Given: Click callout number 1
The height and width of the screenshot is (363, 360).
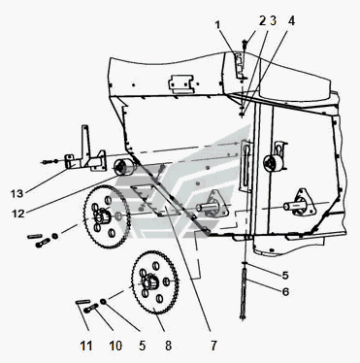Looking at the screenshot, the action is tap(217, 24).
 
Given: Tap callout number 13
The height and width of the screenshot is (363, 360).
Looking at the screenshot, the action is tap(16, 194).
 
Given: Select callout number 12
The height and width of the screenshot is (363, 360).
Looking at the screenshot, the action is tap(18, 214).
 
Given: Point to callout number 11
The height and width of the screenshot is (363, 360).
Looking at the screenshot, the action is tap(86, 346).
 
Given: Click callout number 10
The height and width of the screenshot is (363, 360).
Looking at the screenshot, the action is tap(115, 346).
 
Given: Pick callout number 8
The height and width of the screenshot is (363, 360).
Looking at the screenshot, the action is tap(168, 346).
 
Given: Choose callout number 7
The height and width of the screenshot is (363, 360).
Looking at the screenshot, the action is tap(213, 346).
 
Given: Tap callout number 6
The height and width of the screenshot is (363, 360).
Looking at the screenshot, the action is tap(285, 292).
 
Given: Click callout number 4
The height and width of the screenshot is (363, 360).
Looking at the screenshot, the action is tap(291, 21).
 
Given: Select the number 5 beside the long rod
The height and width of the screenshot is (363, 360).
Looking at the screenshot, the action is tap(285, 276).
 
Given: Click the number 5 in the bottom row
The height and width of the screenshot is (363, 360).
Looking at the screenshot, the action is tap(143, 346).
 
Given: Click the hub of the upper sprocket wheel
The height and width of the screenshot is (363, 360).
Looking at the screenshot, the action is tap(103, 215).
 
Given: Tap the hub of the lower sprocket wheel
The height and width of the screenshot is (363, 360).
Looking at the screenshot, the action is tap(148, 282).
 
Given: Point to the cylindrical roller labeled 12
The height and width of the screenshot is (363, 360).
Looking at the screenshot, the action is tap(125, 167).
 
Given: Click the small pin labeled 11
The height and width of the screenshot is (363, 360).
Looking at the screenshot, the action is tap(82, 302).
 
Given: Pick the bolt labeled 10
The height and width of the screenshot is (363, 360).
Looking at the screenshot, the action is tap(91, 308).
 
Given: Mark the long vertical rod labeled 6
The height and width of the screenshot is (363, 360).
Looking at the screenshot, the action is tap(244, 291).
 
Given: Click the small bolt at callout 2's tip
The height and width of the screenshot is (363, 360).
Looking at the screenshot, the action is tap(245, 43).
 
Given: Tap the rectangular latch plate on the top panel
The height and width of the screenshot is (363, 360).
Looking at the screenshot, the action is tap(181, 83).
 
